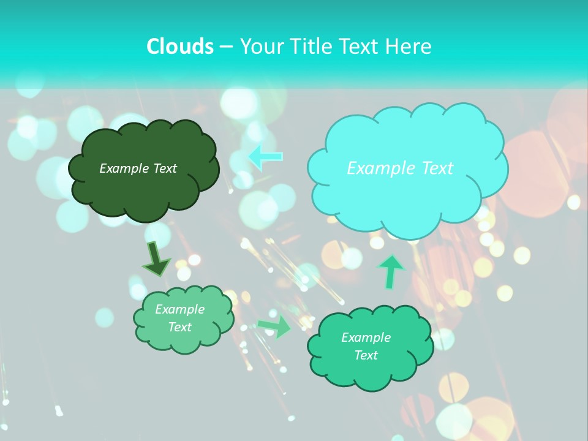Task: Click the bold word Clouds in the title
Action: click(180, 47)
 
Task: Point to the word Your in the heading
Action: click(262, 47)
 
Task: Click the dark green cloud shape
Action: click(143, 190)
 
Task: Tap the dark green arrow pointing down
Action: click(156, 258)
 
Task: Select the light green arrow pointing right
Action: click(275, 326)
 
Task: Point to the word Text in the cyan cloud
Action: click(432, 168)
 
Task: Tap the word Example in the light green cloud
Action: click(179, 309)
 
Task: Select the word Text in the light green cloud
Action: click(179, 327)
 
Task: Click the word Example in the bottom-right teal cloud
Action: click(366, 337)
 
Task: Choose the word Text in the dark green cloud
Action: click(165, 168)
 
